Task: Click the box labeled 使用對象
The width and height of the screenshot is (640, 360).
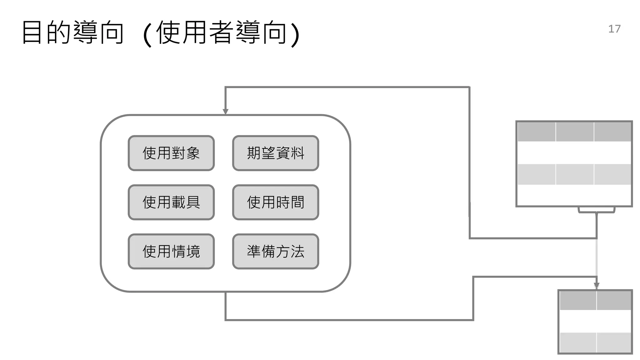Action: click(171, 153)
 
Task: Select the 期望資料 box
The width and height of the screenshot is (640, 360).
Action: click(276, 153)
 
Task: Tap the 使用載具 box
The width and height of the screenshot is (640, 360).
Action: click(171, 202)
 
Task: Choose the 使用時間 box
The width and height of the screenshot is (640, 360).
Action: click(276, 202)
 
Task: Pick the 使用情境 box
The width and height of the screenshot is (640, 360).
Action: click(171, 251)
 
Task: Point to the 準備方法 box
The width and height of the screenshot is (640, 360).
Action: click(276, 251)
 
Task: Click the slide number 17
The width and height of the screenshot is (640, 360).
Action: click(614, 29)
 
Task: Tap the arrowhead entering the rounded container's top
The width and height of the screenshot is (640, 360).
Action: click(225, 112)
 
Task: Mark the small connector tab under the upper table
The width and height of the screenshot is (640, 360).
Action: click(597, 210)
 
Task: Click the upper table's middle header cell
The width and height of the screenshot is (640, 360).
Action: click(575, 132)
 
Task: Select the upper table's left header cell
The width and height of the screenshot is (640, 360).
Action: click(537, 132)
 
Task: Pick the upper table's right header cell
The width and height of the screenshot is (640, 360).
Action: click(612, 132)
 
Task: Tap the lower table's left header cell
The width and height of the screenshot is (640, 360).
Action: click(578, 300)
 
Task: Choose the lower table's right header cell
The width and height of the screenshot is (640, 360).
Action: click(614, 300)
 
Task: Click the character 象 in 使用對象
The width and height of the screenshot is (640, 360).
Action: click(193, 153)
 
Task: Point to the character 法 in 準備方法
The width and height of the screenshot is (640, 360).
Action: click(297, 251)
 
